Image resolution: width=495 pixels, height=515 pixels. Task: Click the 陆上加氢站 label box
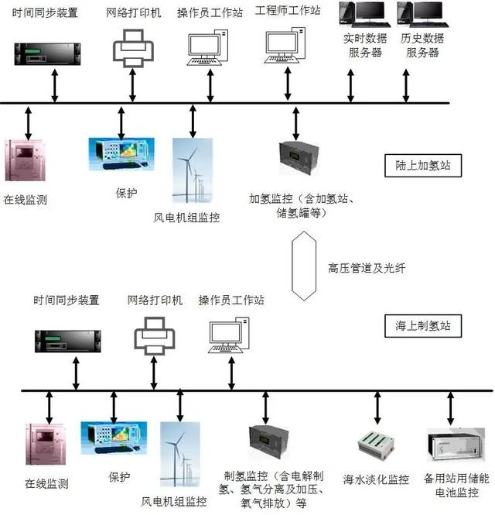pyautogui.click(x=422, y=166)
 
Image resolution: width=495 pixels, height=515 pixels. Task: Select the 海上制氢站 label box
pyautogui.click(x=422, y=326)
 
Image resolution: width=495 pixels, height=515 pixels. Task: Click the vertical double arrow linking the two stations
pyautogui.click(x=304, y=266)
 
